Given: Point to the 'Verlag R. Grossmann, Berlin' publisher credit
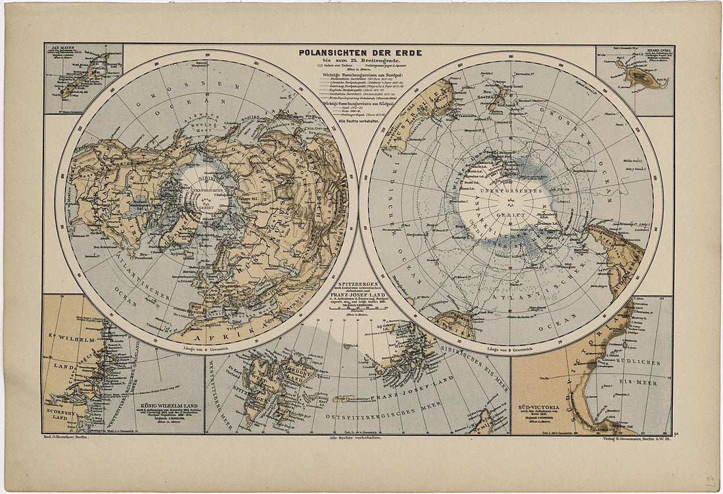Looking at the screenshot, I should pos(631,437).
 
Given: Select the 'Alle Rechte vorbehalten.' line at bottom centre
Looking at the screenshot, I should pos(359,437).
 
